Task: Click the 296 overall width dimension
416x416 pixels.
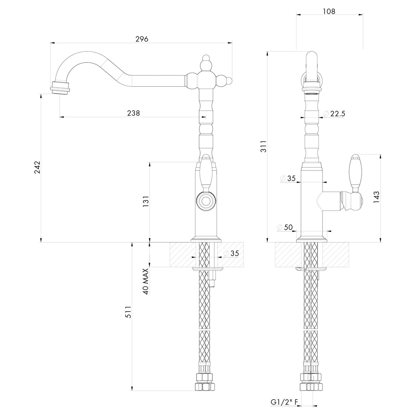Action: tap(142, 39)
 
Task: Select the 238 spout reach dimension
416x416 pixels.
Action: tap(133, 113)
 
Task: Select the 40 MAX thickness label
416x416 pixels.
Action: tap(146, 281)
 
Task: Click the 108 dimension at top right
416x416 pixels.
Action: tap(329, 11)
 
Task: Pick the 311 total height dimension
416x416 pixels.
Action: tap(263, 146)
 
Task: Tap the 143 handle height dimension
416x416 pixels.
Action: tap(376, 197)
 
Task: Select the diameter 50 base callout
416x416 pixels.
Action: tap(285, 227)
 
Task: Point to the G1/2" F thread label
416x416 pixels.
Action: tap(284, 402)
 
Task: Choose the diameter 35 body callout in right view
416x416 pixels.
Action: tap(288, 178)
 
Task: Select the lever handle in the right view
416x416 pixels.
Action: tap(355, 173)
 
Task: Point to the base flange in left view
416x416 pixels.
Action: tap(206, 239)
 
